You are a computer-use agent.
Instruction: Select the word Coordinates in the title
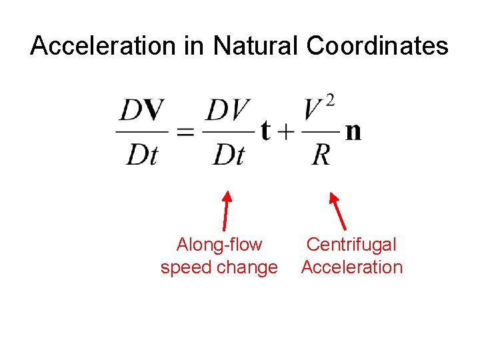pos(377,46)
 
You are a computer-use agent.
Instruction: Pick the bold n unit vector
pos(353,131)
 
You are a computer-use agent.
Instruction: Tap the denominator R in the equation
pos(321,155)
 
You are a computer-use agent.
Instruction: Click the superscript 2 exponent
pos(329,101)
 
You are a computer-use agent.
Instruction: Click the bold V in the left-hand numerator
pos(154,110)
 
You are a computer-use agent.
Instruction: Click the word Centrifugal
pos(351,245)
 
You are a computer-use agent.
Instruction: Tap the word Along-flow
pos(219,245)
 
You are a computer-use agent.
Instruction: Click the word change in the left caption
pos(247,267)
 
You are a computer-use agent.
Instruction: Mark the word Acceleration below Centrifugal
pos(351,267)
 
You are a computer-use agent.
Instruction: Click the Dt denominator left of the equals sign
pos(141,155)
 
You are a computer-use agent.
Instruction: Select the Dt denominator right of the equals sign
pos(229,155)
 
